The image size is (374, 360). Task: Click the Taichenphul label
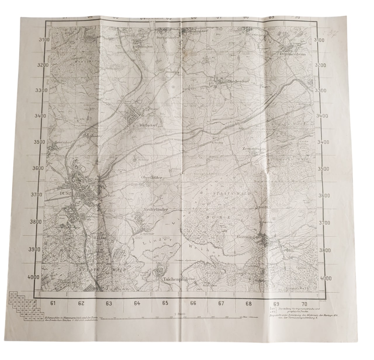173,279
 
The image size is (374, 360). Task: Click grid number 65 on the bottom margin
165,303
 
